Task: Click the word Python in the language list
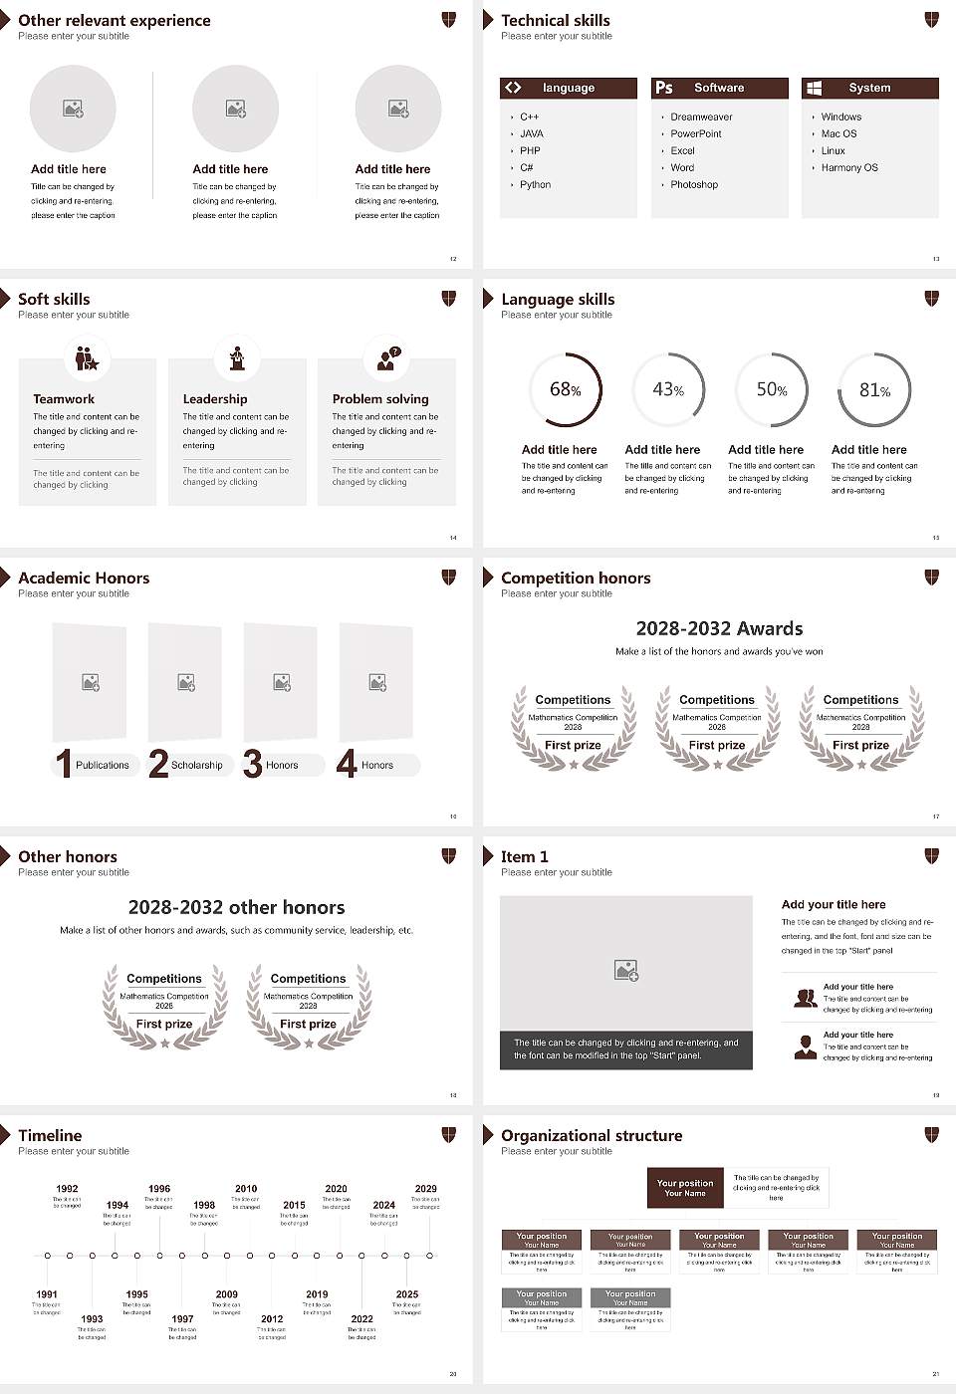[535, 184]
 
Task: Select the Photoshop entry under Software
[693, 184]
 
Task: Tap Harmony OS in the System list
[849, 167]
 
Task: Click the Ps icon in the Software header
[664, 88]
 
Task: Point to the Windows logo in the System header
[814, 88]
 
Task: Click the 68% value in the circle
[565, 389]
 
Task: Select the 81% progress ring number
[874, 390]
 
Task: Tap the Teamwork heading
[64, 398]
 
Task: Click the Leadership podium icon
[237, 357]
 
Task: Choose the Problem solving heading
[380, 398]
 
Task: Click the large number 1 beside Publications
[64, 764]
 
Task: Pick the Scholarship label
[196, 765]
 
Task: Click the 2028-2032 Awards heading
[719, 628]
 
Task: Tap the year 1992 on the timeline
[67, 1188]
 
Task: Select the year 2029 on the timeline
[425, 1188]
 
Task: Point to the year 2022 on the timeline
[361, 1318]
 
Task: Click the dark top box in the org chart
[684, 1187]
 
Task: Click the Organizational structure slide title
[592, 1135]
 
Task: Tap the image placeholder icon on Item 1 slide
[626, 969]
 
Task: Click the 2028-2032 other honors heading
[236, 907]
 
